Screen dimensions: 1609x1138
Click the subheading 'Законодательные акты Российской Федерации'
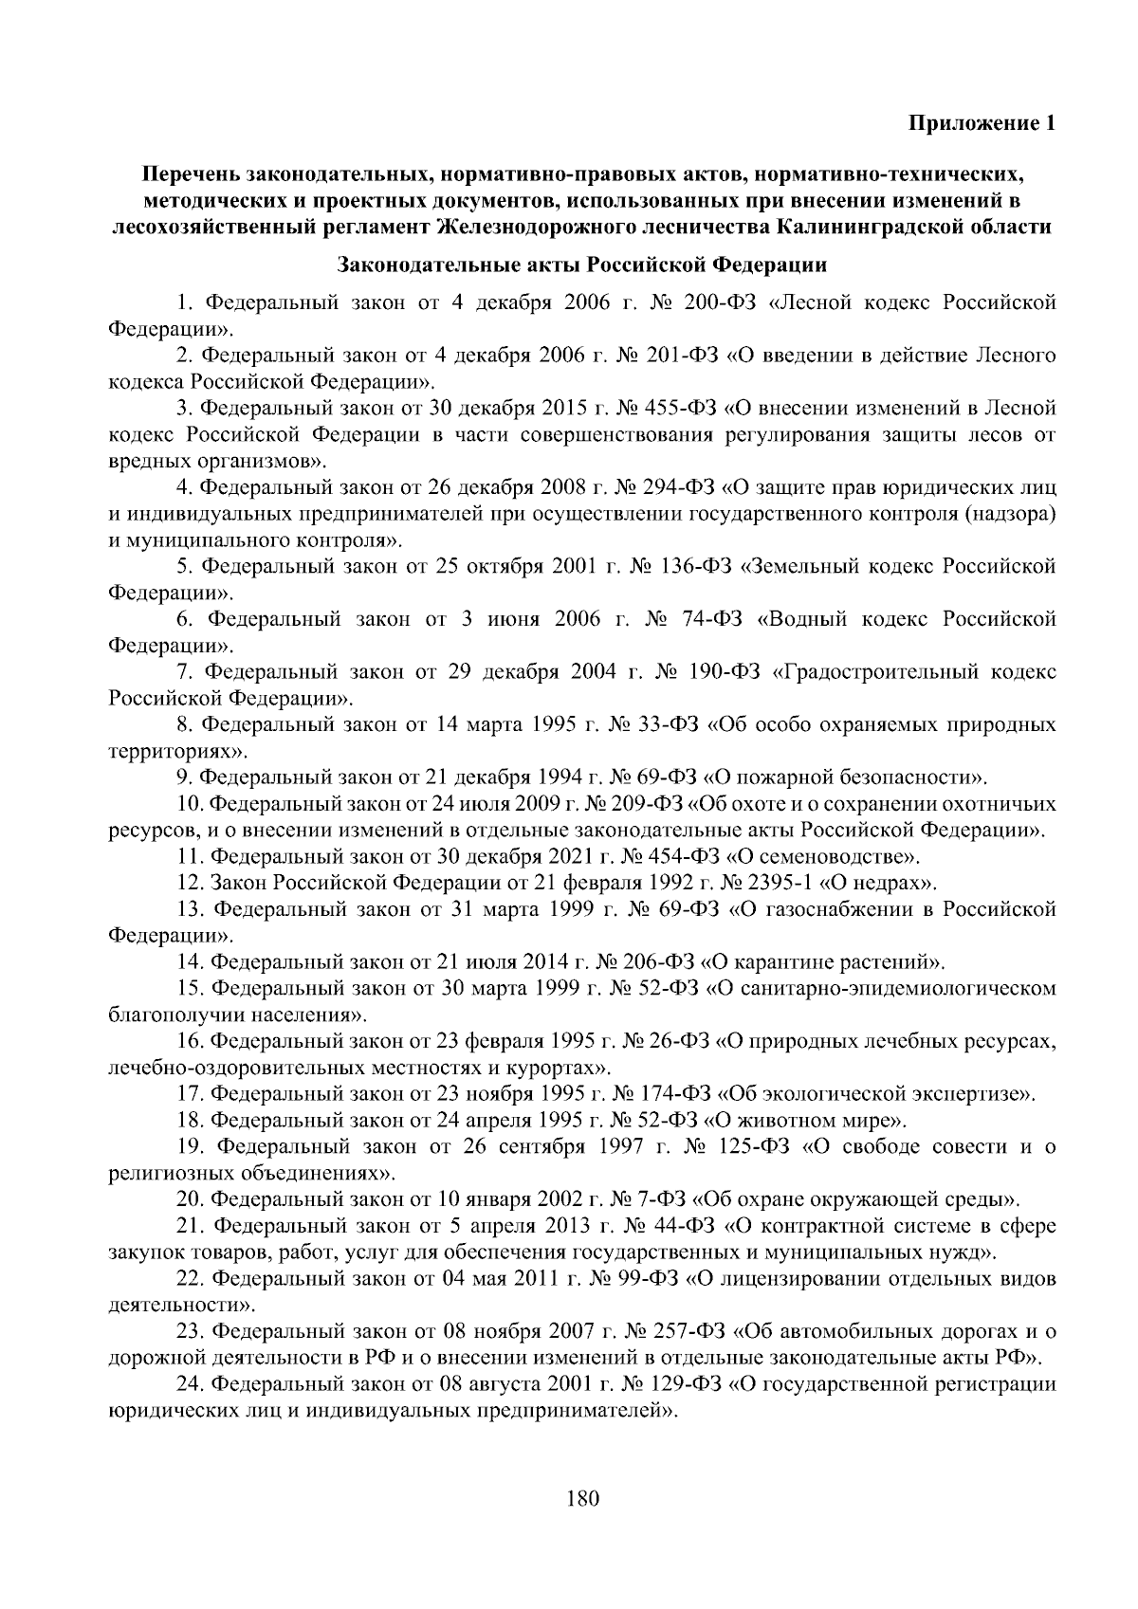[x=581, y=264]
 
